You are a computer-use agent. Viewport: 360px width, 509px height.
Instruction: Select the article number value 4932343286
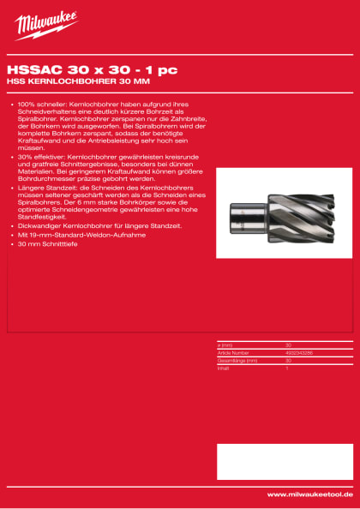(299, 352)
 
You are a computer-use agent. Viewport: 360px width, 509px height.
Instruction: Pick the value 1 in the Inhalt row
(286, 365)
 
